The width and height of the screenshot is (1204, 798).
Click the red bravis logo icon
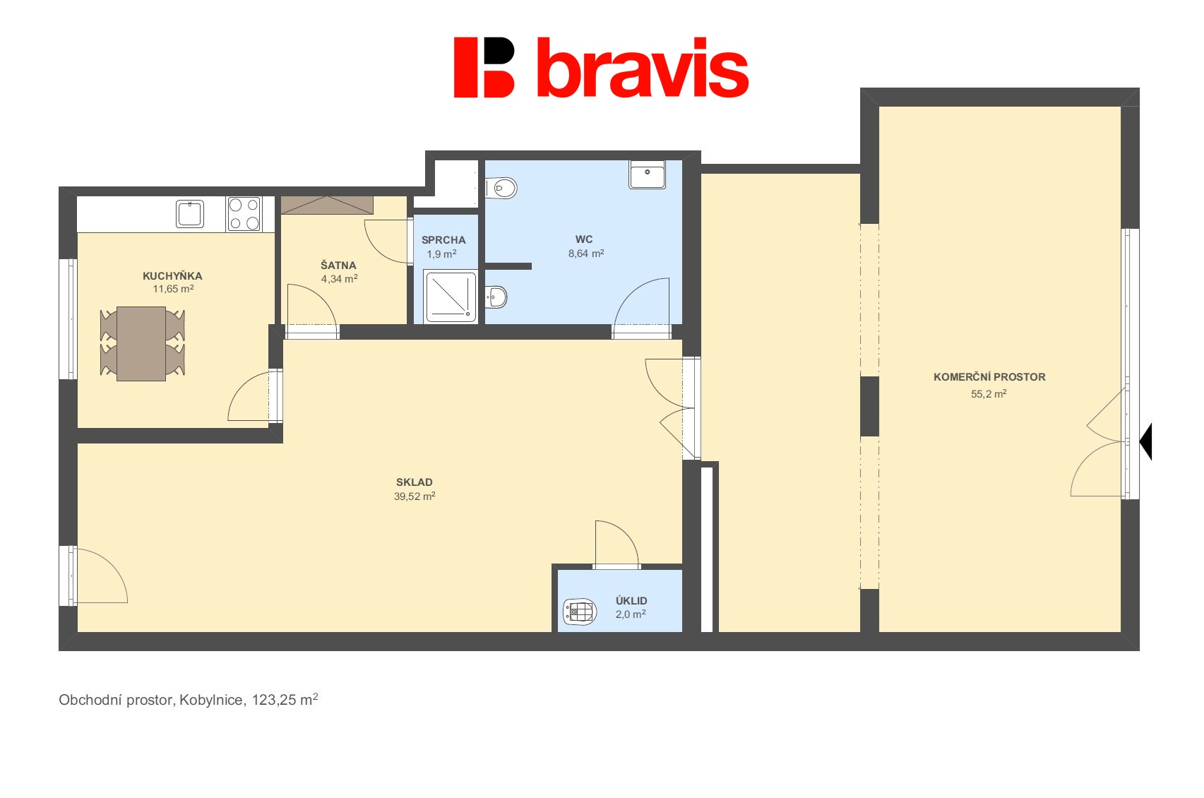[484, 67]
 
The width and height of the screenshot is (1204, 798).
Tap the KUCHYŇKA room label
[172, 276]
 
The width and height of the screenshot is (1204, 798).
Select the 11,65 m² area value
[173, 289]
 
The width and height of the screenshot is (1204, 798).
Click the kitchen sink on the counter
[190, 213]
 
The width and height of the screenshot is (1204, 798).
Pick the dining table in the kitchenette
[141, 343]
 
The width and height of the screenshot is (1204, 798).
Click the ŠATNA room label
[338, 266]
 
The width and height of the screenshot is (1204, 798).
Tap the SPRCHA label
[443, 240]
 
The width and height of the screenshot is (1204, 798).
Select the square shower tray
[451, 297]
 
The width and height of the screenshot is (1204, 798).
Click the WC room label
[584, 239]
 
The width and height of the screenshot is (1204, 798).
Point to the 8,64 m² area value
[586, 254]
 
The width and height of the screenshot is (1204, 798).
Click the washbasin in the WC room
[647, 174]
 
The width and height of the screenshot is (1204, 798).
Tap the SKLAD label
[415, 482]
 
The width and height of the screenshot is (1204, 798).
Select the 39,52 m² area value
[415, 496]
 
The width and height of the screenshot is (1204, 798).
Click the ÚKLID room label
[631, 601]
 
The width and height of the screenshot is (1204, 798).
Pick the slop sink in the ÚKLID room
[580, 612]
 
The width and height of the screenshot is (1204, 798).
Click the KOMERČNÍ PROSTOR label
[989, 377]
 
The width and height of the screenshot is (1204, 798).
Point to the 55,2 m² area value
[989, 394]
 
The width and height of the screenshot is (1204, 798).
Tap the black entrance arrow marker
[1147, 441]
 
